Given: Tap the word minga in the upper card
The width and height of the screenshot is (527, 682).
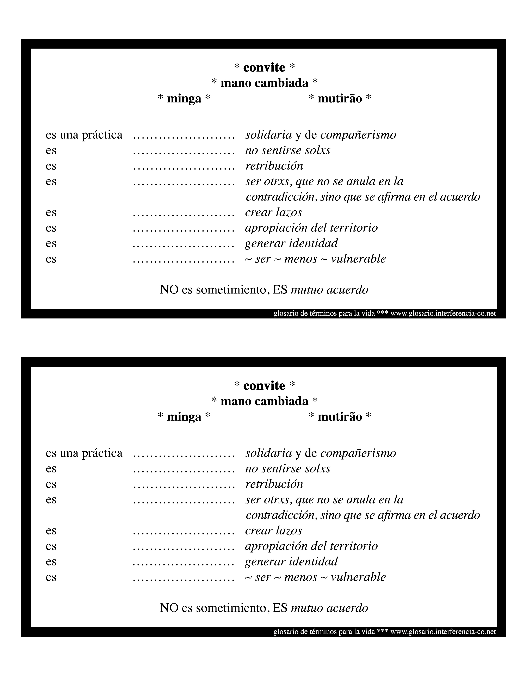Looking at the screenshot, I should click(x=184, y=99).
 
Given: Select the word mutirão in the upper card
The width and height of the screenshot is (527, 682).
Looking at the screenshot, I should click(x=340, y=99).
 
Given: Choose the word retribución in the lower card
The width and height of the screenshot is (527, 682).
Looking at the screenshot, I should click(x=274, y=484).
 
